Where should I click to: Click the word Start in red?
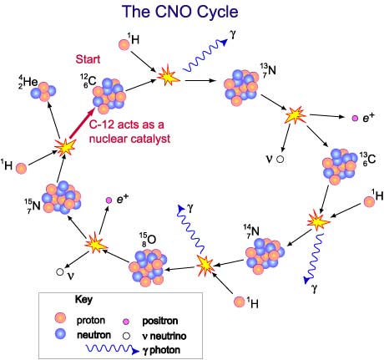tap(88, 59)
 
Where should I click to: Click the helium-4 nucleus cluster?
tap(43, 91)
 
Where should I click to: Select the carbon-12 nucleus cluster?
tap(109, 96)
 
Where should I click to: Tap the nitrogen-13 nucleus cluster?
tap(241, 88)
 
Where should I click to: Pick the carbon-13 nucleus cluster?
tap(340, 166)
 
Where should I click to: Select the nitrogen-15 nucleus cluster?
tap(62, 197)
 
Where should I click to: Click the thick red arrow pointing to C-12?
tap(83, 123)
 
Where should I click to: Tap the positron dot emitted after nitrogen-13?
tap(355, 118)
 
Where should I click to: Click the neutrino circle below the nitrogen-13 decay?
tap(280, 160)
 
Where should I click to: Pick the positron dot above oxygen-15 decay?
tap(109, 200)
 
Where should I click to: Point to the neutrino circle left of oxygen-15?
tap(60, 272)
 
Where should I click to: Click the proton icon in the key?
tap(60, 317)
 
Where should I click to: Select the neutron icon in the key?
tap(60, 333)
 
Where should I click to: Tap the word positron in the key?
tap(160, 321)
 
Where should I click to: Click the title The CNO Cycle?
tap(180, 12)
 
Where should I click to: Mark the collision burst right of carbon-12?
tap(168, 75)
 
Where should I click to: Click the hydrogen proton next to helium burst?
tap(21, 169)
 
